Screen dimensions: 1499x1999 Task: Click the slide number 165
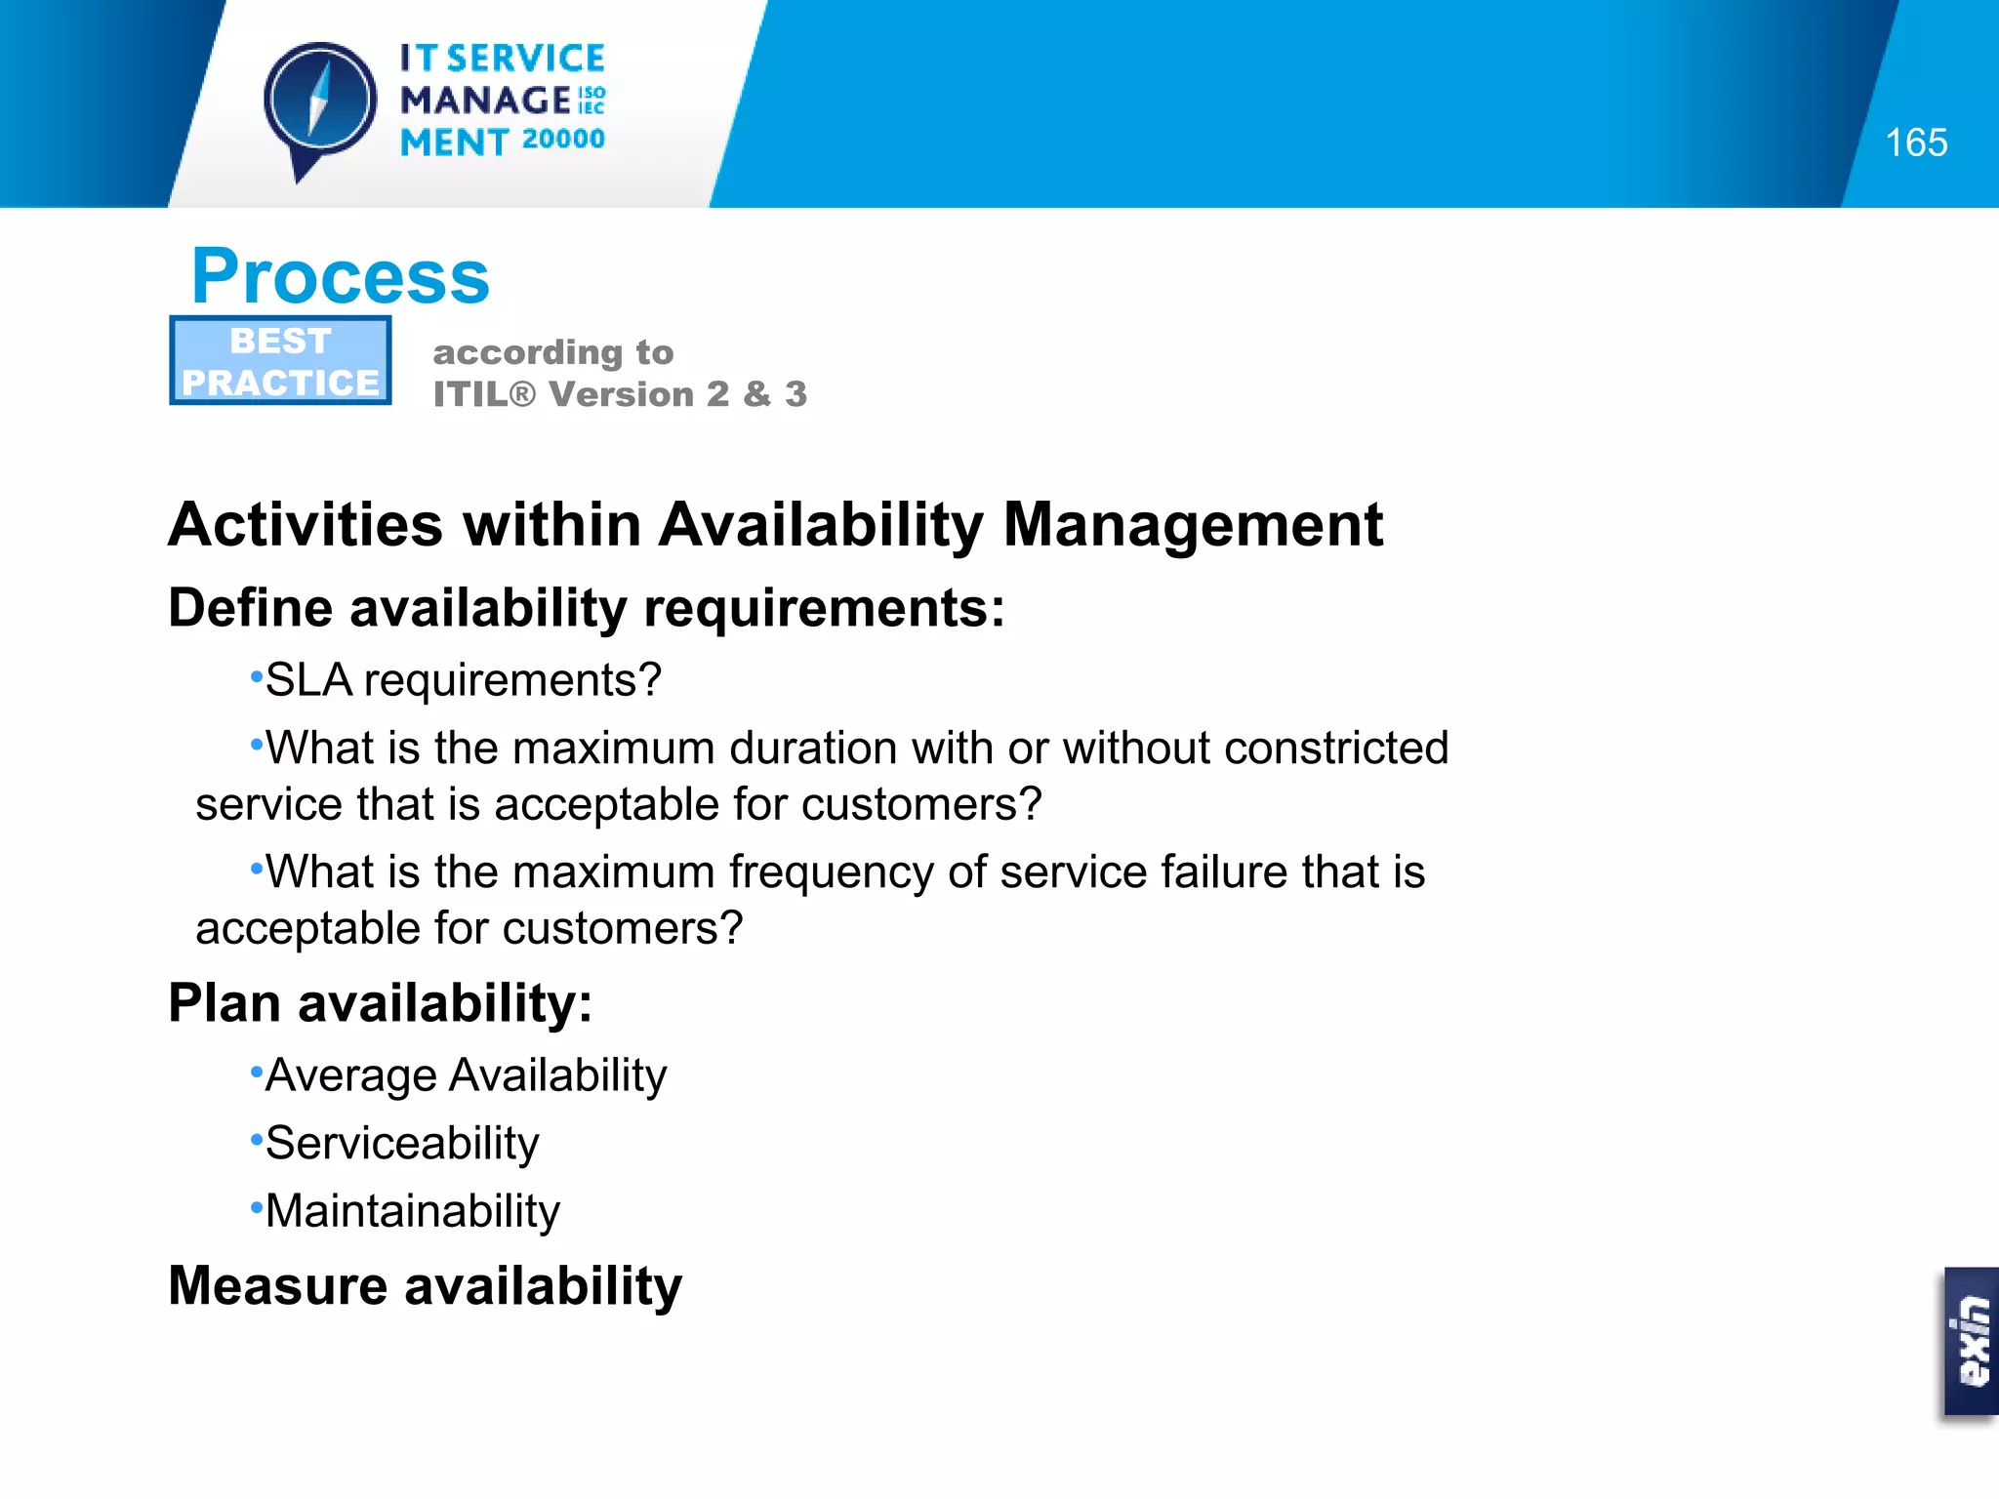pyautogui.click(x=1915, y=143)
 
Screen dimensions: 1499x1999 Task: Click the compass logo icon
pyautogui.click(x=320, y=102)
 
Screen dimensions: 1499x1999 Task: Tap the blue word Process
pyautogui.click(x=340, y=276)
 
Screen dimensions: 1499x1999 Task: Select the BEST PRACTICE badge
pyautogui.click(x=280, y=360)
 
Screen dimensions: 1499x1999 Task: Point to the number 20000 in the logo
pyautogui.click(x=563, y=140)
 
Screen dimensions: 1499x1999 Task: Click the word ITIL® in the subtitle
pyautogui.click(x=484, y=394)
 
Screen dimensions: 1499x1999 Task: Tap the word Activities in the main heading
pyautogui.click(x=306, y=525)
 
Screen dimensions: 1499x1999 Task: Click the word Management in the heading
pyautogui.click(x=1192, y=525)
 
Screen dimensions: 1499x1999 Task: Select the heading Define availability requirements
pyautogui.click(x=586, y=608)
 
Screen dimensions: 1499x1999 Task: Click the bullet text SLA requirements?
pyautogui.click(x=463, y=680)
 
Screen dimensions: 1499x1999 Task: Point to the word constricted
pyautogui.click(x=1335, y=749)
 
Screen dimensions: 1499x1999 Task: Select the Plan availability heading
pyautogui.click(x=380, y=1003)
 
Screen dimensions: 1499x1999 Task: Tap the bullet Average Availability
pyautogui.click(x=466, y=1075)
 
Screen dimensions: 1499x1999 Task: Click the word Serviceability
pyautogui.click(x=401, y=1143)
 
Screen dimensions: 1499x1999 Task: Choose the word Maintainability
pyautogui.click(x=412, y=1211)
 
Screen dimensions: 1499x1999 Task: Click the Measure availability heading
pyautogui.click(x=425, y=1285)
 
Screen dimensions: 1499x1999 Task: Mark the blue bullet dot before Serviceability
pyautogui.click(x=257, y=1138)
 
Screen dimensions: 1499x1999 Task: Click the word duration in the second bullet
pyautogui.click(x=812, y=749)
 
